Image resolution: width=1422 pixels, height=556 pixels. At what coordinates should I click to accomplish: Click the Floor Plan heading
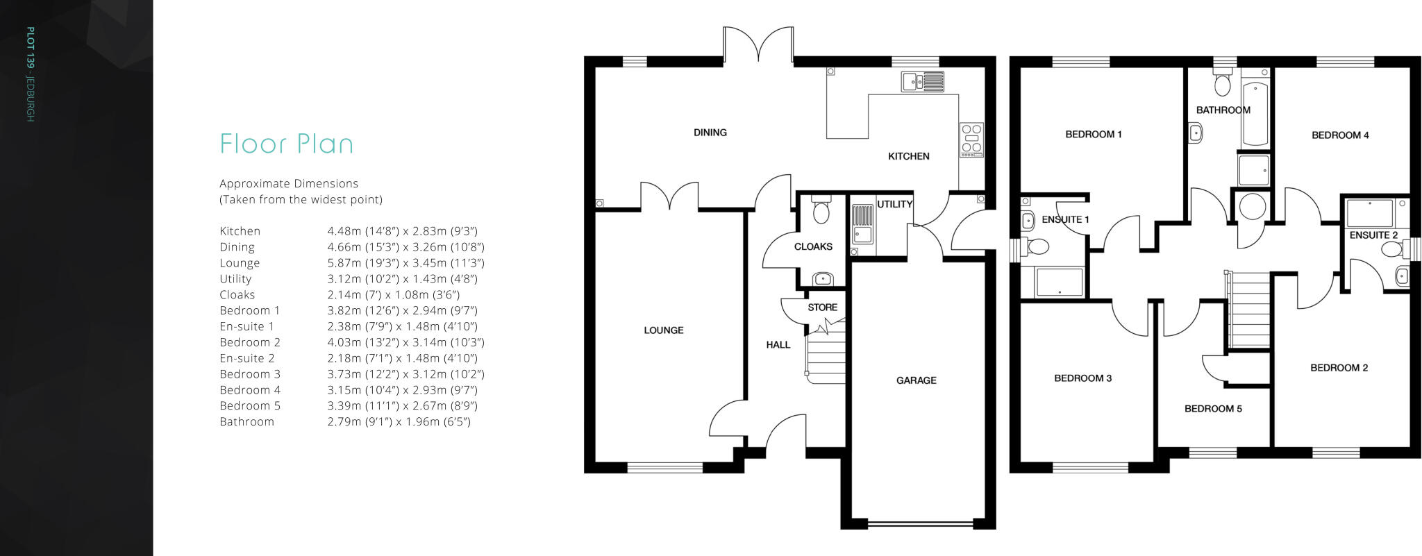[286, 144]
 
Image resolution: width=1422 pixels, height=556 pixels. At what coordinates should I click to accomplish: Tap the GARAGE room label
[916, 380]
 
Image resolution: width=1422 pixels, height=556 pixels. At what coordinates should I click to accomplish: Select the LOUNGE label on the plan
[663, 330]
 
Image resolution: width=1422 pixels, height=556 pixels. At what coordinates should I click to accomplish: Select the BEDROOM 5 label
[1212, 409]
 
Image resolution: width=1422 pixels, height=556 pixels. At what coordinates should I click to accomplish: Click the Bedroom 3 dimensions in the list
[405, 374]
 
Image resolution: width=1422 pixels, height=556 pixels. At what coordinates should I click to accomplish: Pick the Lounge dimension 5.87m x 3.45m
[405, 263]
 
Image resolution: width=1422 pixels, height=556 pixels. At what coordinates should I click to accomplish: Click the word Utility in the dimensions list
[235, 279]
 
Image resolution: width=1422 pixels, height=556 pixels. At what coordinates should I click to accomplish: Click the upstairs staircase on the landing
[1250, 310]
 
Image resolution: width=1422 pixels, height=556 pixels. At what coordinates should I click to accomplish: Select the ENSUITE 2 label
[1373, 235]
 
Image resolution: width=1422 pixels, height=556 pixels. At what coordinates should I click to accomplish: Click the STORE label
[822, 308]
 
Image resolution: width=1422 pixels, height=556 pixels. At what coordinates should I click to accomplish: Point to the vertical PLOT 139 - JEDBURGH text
[30, 74]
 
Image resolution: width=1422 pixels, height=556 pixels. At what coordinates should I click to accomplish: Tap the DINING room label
[710, 133]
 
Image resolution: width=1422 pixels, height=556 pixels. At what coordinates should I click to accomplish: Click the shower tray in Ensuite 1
[1058, 283]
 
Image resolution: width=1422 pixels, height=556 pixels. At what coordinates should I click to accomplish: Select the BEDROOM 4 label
[1339, 135]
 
